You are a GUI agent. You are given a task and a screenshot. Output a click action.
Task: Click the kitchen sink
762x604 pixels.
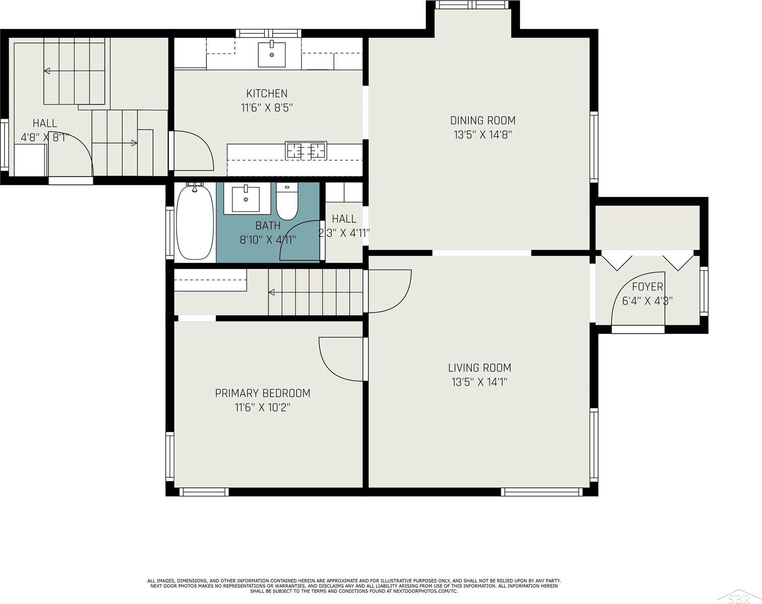pyautogui.click(x=272, y=54)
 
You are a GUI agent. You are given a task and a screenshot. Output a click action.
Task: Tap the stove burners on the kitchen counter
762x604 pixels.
pyautogui.click(x=307, y=150)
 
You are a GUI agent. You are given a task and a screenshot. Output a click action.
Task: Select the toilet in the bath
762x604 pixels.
pyautogui.click(x=287, y=201)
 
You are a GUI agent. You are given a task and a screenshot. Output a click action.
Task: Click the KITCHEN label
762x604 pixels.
pyautogui.click(x=267, y=94)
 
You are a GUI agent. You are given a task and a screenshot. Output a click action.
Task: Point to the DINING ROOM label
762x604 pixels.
pyautogui.click(x=483, y=121)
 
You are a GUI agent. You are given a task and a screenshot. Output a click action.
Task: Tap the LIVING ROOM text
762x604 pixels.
pyautogui.click(x=480, y=368)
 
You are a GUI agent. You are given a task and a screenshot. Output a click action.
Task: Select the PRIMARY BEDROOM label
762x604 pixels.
pyautogui.click(x=263, y=393)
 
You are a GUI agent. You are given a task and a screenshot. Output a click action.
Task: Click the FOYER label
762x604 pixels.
pyautogui.click(x=648, y=286)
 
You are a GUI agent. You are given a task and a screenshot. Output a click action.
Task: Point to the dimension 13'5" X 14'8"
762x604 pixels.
pyautogui.click(x=483, y=135)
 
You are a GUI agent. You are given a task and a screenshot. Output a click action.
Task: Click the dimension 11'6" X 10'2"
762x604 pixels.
pyautogui.click(x=263, y=407)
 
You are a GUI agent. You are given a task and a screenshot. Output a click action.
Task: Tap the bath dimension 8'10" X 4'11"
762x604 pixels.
pyautogui.click(x=268, y=240)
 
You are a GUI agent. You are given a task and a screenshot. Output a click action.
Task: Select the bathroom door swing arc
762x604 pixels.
pyautogui.click(x=290, y=230)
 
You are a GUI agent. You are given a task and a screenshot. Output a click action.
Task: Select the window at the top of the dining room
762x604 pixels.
pyautogui.click(x=473, y=5)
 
